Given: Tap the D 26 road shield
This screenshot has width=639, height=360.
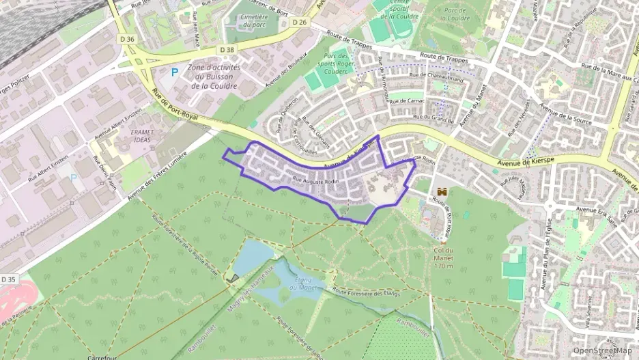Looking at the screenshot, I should pyautogui.click(x=300, y=22).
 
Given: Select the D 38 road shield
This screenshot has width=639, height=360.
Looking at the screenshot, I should pyautogui.click(x=227, y=50).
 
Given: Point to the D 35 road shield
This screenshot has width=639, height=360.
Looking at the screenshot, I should pyautogui.click(x=8, y=279).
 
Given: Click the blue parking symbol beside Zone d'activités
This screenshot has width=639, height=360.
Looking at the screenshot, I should pyautogui.click(x=173, y=71).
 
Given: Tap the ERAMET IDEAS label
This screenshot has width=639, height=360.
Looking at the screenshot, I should pyautogui.click(x=141, y=135).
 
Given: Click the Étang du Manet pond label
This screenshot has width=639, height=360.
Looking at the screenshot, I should pyautogui.click(x=302, y=283).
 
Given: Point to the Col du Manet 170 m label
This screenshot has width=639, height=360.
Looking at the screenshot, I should pyautogui.click(x=443, y=254).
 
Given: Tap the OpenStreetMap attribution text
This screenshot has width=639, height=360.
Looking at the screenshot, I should pyautogui.click(x=601, y=350).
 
